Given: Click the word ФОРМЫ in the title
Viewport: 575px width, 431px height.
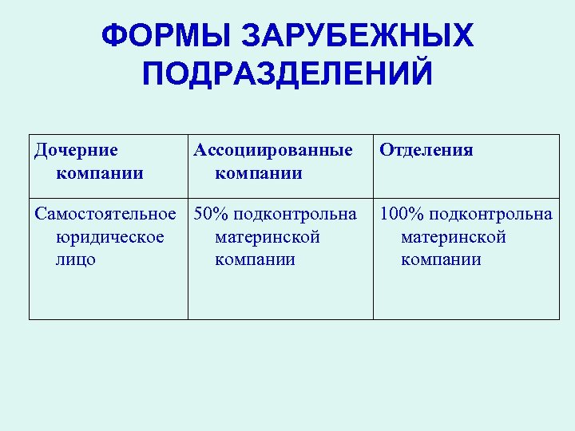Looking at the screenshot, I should click(165, 36).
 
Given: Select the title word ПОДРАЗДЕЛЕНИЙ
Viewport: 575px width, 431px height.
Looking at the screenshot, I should click(287, 74).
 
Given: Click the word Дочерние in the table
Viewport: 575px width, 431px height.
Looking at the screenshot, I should click(77, 150).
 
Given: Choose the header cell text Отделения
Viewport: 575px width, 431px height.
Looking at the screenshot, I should click(426, 150).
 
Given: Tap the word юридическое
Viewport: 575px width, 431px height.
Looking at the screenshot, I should click(111, 237).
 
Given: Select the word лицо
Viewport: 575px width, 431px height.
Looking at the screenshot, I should click(77, 259).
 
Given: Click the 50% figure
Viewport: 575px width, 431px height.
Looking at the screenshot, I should click(211, 215).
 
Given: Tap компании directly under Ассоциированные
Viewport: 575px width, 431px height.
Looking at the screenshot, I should click(259, 172).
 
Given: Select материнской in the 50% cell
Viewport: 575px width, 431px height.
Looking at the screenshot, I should click(268, 237).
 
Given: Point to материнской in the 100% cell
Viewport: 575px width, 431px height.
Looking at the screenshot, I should click(454, 237).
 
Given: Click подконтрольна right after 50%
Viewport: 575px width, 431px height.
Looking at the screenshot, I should click(294, 215).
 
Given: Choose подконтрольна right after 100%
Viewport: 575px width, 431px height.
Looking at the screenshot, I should click(490, 215).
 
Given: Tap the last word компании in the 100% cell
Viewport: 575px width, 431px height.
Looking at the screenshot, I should click(442, 259).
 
